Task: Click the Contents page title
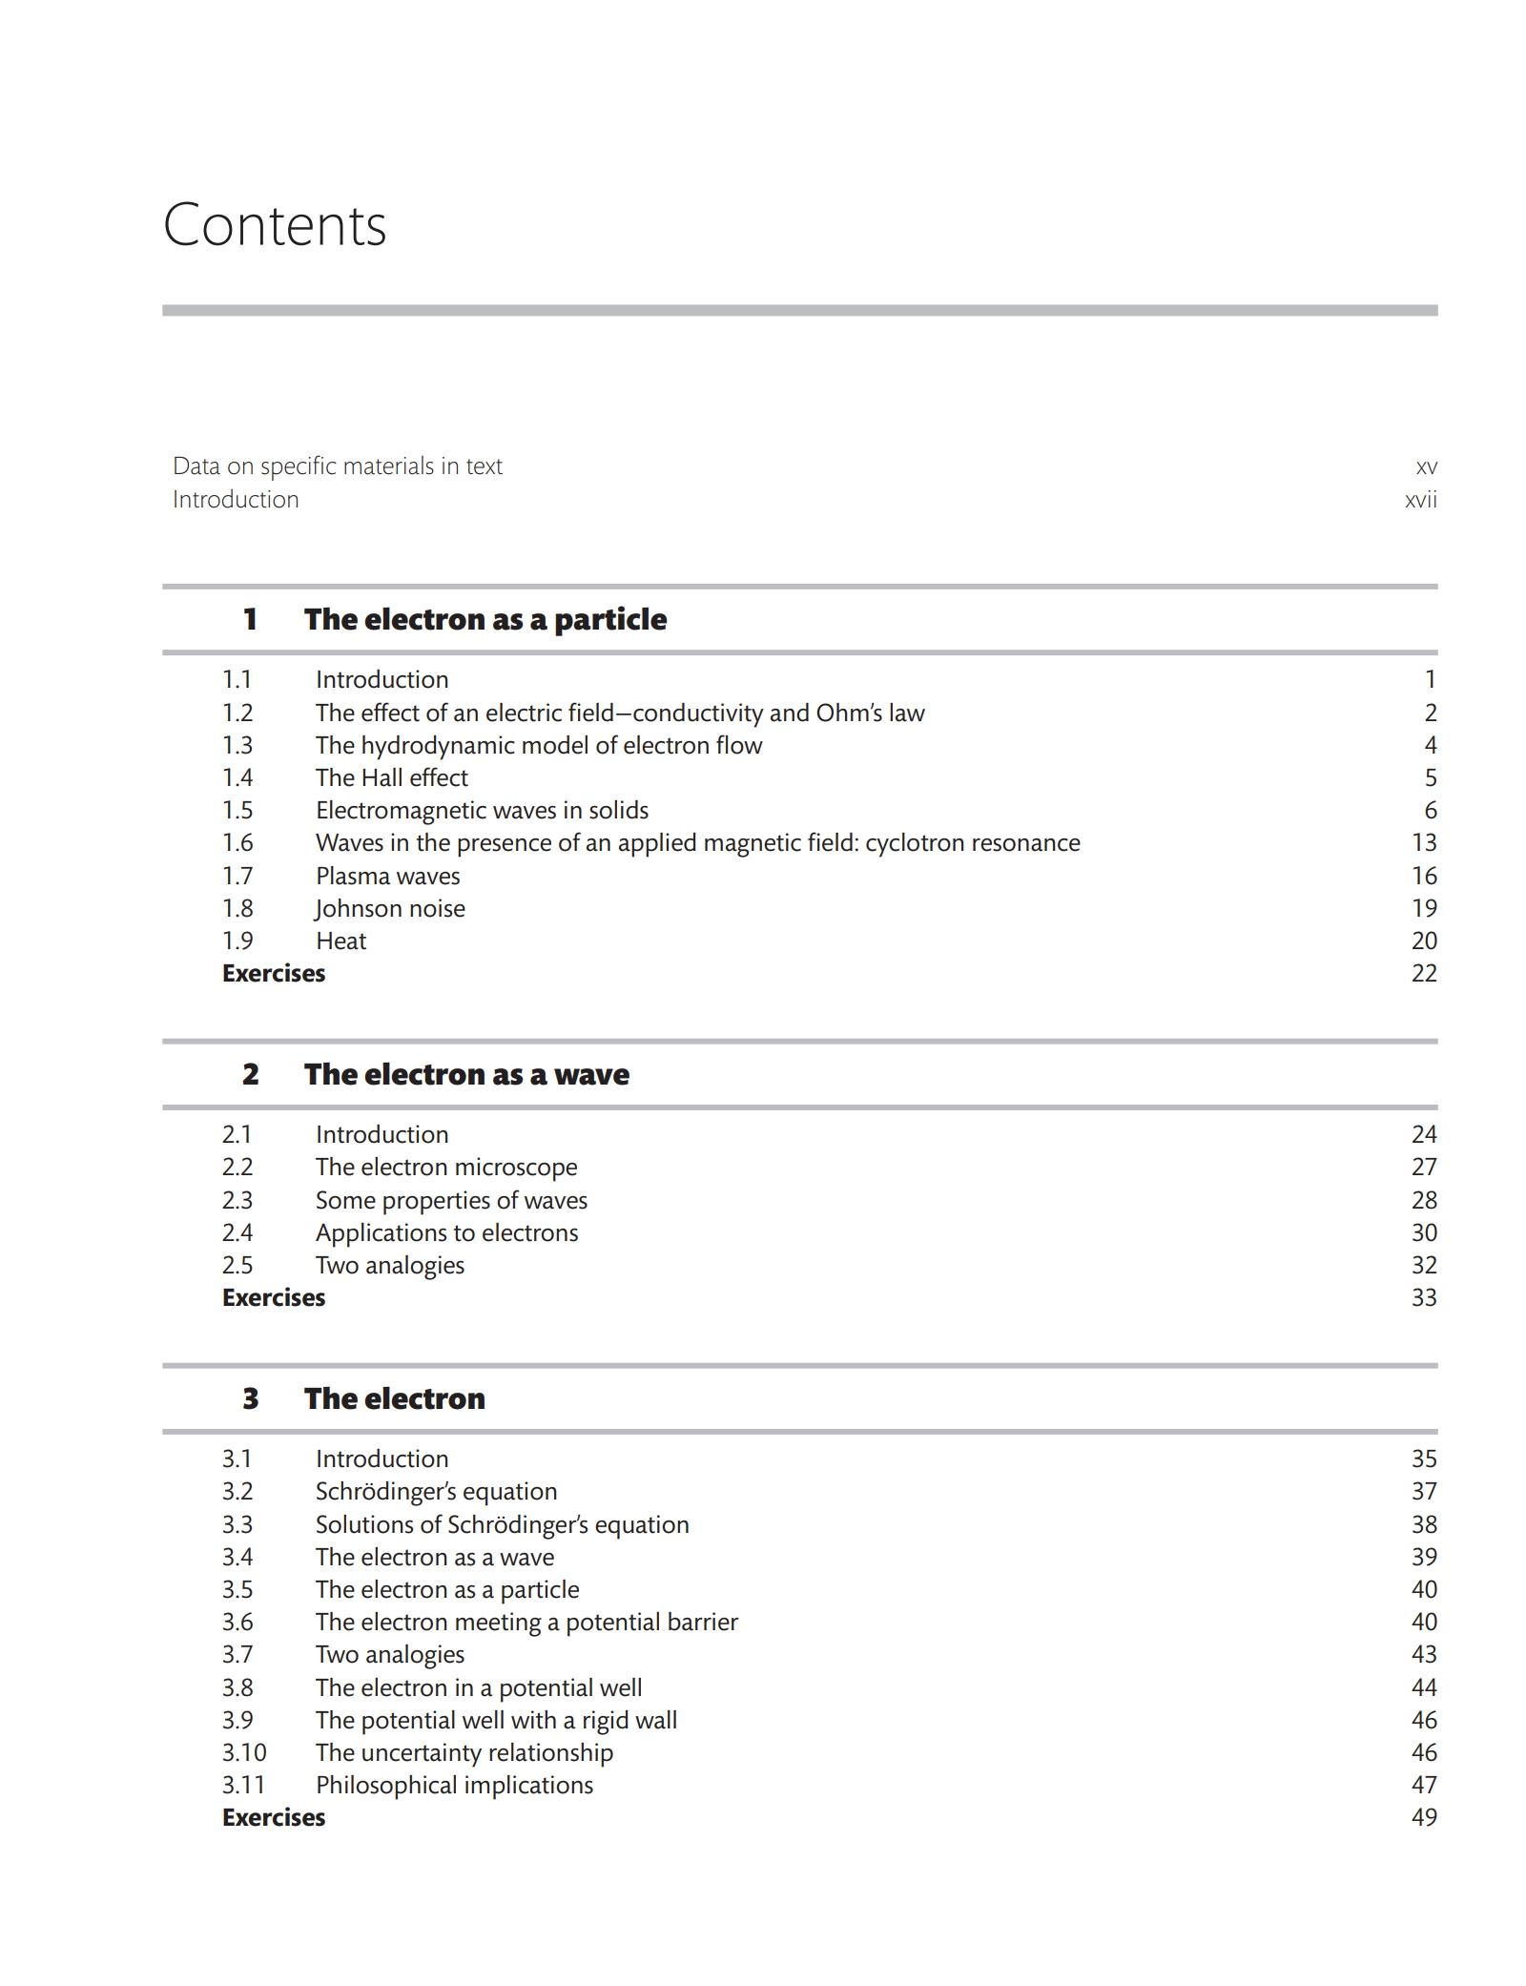click(275, 226)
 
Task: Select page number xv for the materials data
click(1426, 466)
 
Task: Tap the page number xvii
click(1420, 500)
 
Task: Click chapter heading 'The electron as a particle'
click(485, 619)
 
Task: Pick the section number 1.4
click(237, 777)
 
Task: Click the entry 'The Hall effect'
click(391, 777)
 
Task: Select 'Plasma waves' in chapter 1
click(387, 876)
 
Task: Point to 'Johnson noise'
click(390, 908)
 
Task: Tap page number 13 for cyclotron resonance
click(1423, 842)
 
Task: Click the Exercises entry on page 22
click(274, 973)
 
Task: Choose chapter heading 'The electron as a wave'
click(466, 1074)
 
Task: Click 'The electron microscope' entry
click(446, 1167)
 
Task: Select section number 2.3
click(237, 1200)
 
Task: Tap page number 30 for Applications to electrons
click(1423, 1232)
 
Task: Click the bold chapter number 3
click(250, 1398)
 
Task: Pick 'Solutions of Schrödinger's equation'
click(502, 1524)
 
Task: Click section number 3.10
click(244, 1752)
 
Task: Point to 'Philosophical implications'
click(454, 1785)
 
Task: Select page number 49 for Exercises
click(1423, 1817)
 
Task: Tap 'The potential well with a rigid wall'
click(496, 1720)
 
